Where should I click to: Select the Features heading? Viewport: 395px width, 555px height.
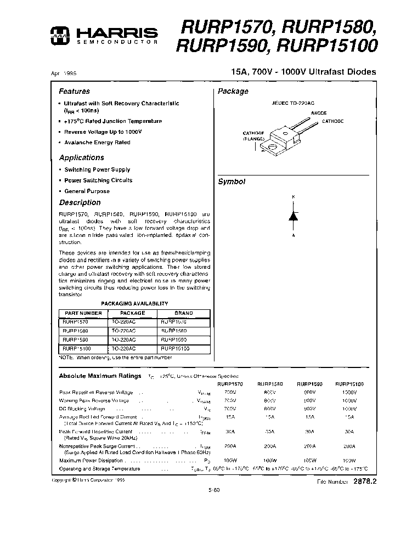click(74, 92)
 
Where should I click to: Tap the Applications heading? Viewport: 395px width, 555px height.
click(81, 157)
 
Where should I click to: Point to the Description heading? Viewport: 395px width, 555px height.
click(80, 202)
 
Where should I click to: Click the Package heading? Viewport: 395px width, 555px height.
click(233, 92)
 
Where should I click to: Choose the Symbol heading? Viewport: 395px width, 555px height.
click(232, 182)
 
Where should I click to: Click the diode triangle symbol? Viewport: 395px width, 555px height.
click(293, 216)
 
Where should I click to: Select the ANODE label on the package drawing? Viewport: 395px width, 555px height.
click(319, 113)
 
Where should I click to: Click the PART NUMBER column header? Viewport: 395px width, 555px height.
click(83, 313)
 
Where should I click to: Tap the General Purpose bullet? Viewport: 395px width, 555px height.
click(87, 191)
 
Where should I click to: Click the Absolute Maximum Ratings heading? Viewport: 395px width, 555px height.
click(100, 376)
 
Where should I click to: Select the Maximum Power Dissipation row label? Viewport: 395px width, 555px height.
click(93, 461)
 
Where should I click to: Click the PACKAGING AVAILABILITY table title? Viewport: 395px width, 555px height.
click(134, 303)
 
